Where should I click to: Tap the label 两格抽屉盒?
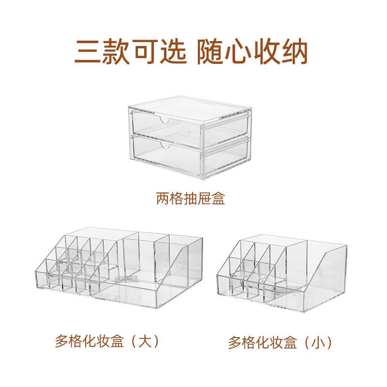[x=191, y=199]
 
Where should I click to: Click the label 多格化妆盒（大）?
[x=107, y=342]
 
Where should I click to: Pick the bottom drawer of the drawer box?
[x=189, y=156]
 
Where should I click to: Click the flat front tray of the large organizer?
[x=126, y=293]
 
